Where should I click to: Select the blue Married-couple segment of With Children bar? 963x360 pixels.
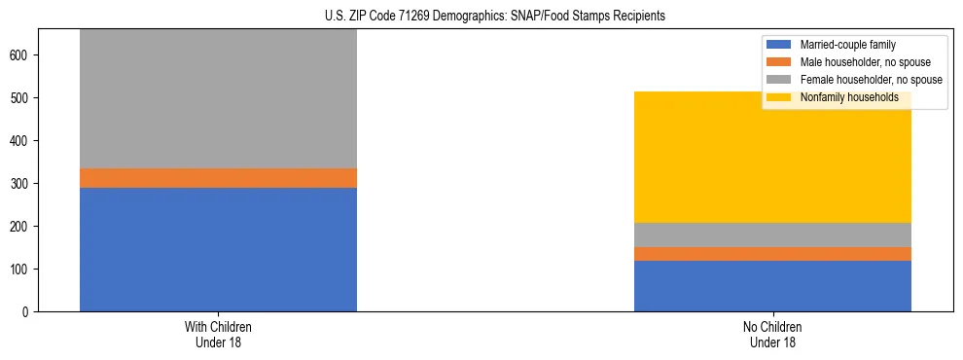[x=218, y=249]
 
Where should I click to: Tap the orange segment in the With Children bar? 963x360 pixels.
[x=218, y=178]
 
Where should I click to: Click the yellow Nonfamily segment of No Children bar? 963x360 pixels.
[x=772, y=157]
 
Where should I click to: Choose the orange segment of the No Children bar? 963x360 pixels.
[x=772, y=254]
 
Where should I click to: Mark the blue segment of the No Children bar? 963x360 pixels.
[x=772, y=286]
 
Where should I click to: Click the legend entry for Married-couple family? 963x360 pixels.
[x=847, y=45]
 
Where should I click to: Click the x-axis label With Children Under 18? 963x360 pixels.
[x=218, y=334]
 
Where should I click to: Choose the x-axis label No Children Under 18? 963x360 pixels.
[x=772, y=334]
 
